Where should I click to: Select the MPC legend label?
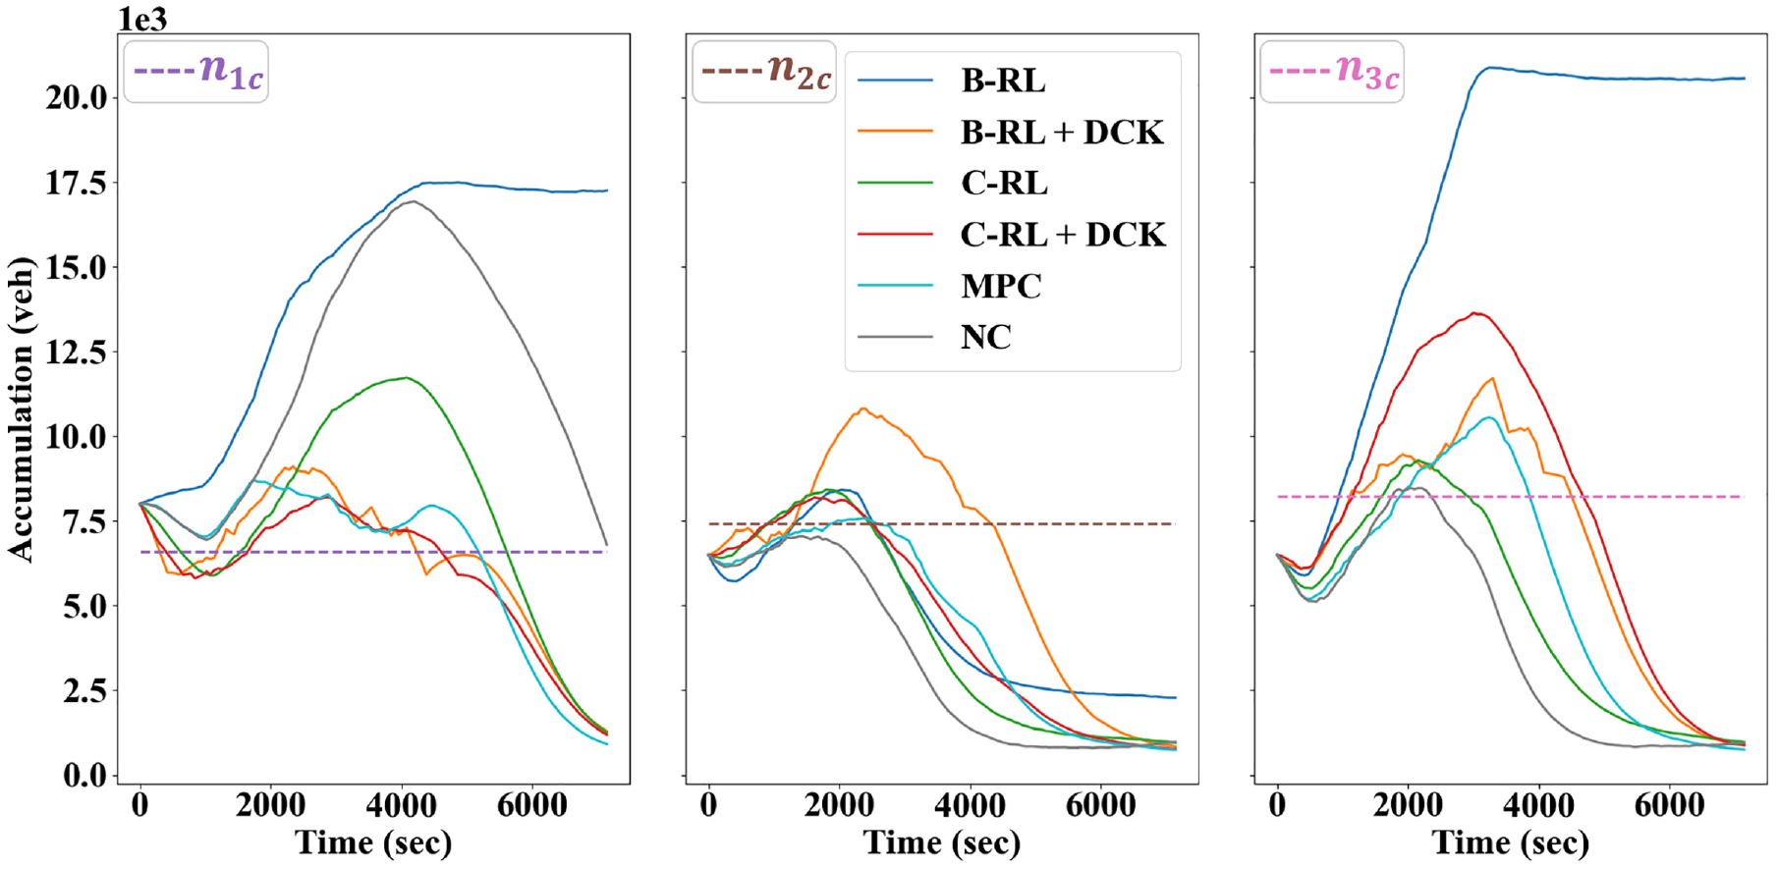tap(1001, 286)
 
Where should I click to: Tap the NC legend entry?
tap(985, 337)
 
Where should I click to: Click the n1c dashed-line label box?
tap(196, 71)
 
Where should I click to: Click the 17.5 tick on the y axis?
tap(77, 183)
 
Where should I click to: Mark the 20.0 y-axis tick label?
tap(77, 97)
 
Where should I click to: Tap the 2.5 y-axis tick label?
tap(85, 691)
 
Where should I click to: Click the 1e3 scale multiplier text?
tap(143, 19)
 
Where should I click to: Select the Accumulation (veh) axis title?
tap(21, 408)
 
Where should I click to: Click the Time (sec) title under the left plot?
tap(373, 842)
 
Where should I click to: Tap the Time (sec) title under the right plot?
tap(1511, 842)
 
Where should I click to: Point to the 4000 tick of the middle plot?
tap(970, 806)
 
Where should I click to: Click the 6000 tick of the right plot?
tap(1669, 806)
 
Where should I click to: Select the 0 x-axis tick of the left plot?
tap(140, 806)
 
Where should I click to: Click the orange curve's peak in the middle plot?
tap(863, 408)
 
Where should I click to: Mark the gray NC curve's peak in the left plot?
tap(413, 201)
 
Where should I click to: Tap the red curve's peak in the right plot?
tap(1475, 313)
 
